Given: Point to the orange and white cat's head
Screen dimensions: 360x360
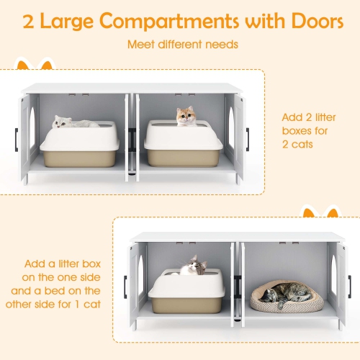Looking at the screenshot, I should coord(186,114).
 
